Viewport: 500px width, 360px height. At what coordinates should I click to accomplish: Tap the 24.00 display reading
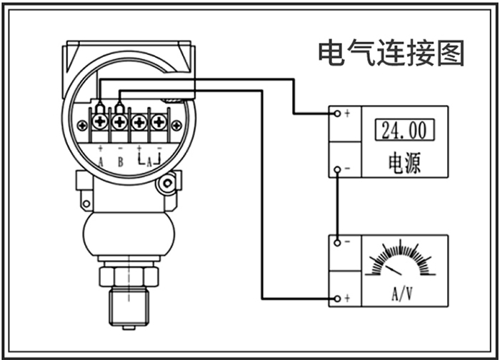point(404,130)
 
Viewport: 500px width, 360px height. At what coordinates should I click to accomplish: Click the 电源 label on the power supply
point(404,163)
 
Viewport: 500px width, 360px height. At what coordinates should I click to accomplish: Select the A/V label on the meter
point(404,294)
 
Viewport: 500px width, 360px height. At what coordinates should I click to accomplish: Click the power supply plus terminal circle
point(336,113)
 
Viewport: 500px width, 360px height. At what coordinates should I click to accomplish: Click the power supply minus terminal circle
point(336,169)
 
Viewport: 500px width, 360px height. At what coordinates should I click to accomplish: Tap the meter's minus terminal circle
point(336,242)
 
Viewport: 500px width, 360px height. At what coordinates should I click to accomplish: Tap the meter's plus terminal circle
point(336,298)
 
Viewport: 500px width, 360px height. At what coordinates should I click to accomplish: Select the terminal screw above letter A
point(100,123)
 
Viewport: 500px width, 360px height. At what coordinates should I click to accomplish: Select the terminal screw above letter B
point(120,123)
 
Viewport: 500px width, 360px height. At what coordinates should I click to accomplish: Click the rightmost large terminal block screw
point(159,123)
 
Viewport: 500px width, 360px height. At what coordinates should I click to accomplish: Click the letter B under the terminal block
point(120,162)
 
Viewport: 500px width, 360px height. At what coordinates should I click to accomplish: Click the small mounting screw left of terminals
point(83,126)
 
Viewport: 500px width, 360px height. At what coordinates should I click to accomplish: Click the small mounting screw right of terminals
point(176,126)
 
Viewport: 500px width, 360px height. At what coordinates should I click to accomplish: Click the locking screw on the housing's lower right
point(168,185)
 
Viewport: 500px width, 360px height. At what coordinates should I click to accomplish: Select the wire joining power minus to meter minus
point(336,206)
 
